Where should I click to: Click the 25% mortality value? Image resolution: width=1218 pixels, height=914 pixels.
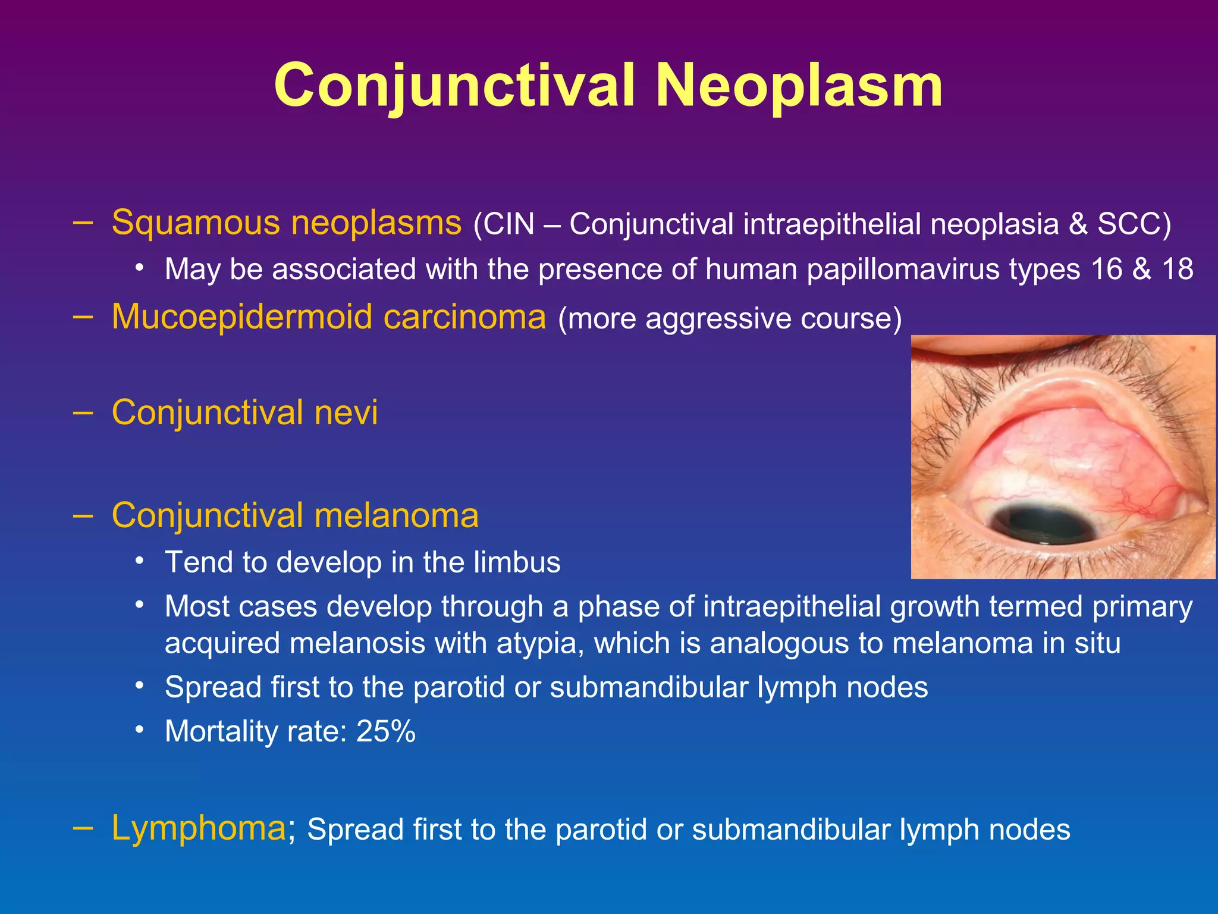tap(385, 731)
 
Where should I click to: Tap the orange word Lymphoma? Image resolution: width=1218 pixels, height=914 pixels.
tap(199, 828)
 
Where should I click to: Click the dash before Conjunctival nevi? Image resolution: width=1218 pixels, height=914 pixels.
tap(83, 412)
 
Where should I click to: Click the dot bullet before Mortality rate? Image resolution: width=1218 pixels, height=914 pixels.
tap(139, 730)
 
